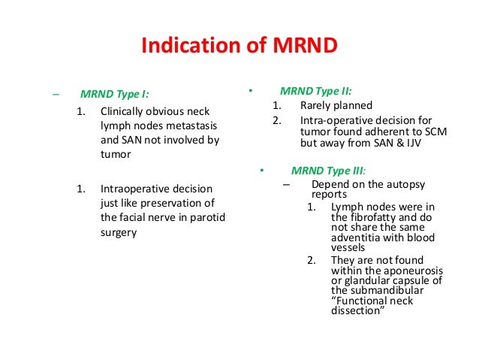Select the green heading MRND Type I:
coord(114,95)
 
